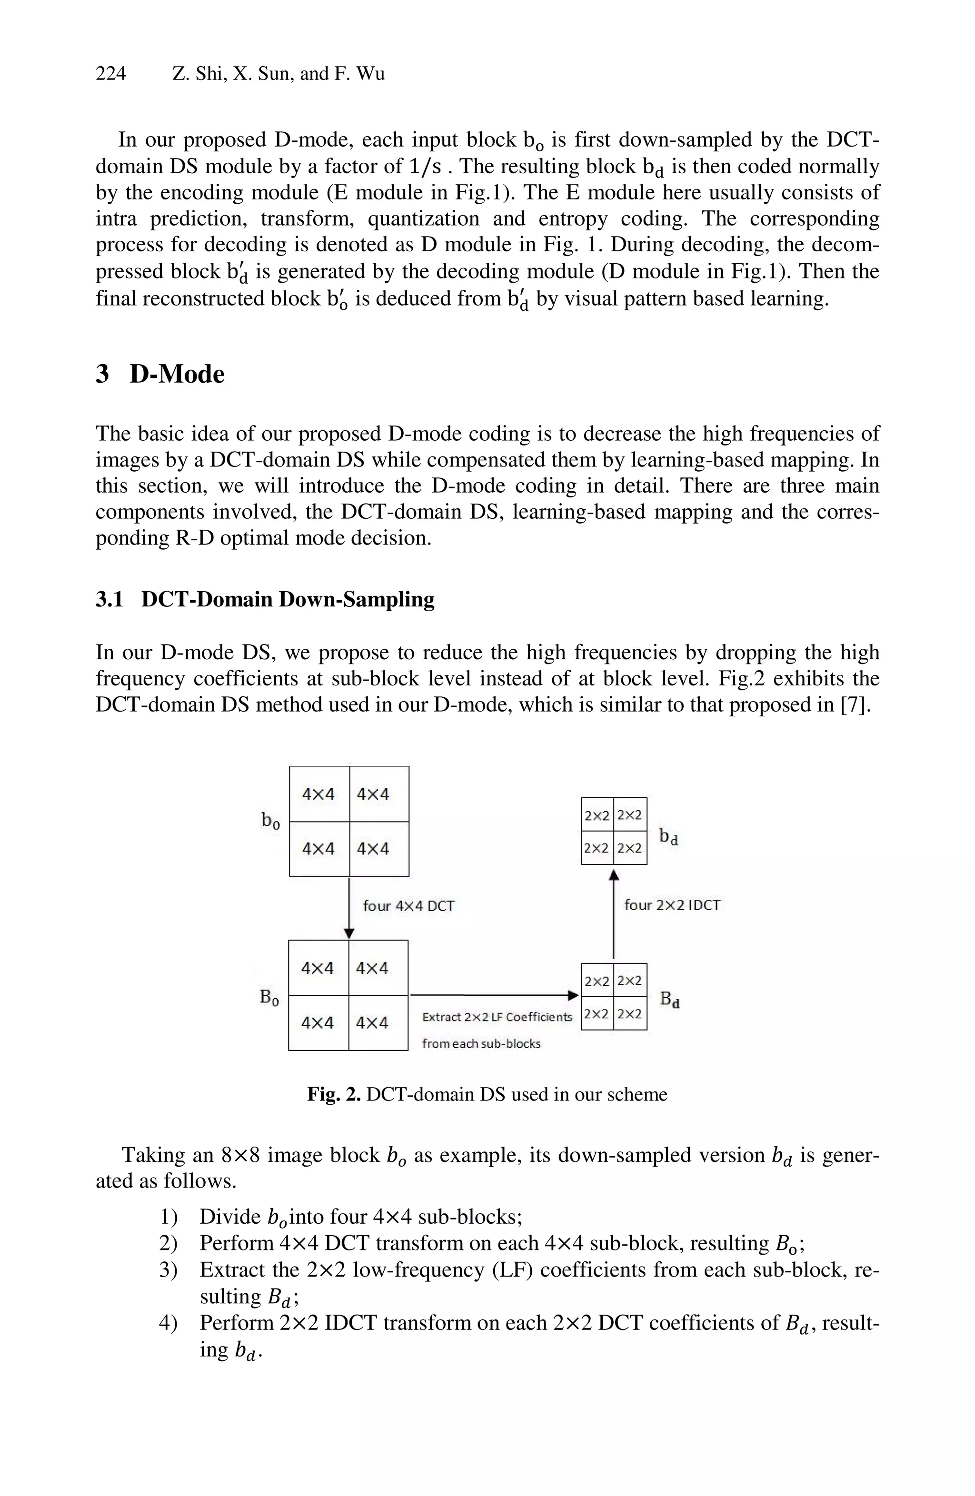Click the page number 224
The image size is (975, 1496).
tap(110, 74)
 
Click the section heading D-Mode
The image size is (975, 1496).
tap(177, 374)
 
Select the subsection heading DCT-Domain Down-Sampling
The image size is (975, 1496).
tap(287, 599)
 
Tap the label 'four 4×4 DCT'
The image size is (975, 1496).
tap(408, 906)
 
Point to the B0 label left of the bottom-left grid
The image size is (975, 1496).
tap(269, 998)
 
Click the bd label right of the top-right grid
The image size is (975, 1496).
tap(668, 837)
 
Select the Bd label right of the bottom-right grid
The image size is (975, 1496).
tap(669, 1000)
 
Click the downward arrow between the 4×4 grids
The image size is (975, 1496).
tap(349, 908)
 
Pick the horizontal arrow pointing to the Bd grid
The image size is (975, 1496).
tap(494, 995)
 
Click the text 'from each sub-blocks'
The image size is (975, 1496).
tap(481, 1044)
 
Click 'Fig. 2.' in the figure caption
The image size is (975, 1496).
tap(333, 1094)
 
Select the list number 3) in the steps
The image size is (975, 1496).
tap(169, 1270)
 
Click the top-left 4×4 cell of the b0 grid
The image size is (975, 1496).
tap(318, 794)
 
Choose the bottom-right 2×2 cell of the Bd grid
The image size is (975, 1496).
tap(630, 1014)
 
